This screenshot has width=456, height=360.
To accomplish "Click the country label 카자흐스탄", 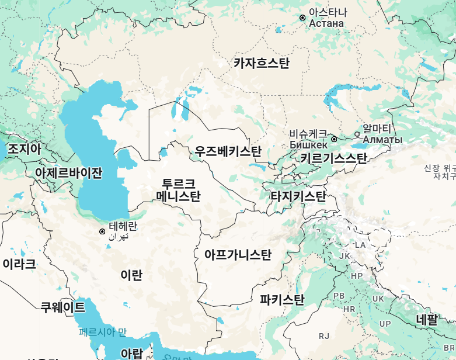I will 261,63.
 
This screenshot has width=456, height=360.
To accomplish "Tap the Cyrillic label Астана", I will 326,23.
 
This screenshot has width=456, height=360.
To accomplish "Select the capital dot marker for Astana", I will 302,18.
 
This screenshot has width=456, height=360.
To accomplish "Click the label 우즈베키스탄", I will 228,152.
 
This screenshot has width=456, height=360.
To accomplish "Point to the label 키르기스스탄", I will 333,158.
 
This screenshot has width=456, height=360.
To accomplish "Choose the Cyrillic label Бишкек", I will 308,144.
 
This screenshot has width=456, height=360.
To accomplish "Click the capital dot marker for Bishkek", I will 334,139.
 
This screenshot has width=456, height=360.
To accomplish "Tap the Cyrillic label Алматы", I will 382,140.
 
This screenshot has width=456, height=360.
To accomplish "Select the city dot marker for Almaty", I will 357,134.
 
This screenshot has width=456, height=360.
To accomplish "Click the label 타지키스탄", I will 298,196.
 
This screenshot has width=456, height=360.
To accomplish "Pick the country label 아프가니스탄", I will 238,255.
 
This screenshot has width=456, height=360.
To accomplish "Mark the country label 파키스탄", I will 282,300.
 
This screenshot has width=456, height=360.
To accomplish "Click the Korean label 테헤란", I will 123,226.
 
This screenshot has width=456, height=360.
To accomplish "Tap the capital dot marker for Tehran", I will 102,232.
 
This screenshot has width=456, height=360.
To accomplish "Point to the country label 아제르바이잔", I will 68,172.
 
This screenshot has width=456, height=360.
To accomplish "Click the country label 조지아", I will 25,148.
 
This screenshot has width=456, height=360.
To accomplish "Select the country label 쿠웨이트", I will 62,307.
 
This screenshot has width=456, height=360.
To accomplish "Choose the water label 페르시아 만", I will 102,332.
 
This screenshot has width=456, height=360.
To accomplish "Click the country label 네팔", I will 426,320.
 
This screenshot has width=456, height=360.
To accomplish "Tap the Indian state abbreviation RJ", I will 324,335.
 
